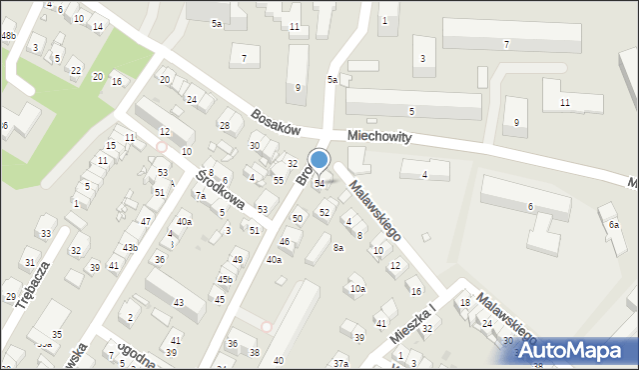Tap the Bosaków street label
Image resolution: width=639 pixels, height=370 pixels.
276,123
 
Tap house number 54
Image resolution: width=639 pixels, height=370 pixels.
319,184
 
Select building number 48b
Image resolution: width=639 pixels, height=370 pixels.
8,36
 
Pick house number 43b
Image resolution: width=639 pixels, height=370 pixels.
130,247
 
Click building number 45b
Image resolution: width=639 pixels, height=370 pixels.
225,280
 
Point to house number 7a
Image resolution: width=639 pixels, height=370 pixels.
200,196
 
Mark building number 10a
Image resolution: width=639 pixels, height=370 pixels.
356,289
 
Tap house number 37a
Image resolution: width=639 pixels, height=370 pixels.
340,363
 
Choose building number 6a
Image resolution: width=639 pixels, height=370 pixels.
614,225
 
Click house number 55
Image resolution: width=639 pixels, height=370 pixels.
279,180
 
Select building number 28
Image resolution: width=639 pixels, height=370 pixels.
225,125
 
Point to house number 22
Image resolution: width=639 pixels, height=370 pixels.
76,70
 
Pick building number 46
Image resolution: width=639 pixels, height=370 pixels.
285,242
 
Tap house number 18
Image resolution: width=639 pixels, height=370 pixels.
464,302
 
